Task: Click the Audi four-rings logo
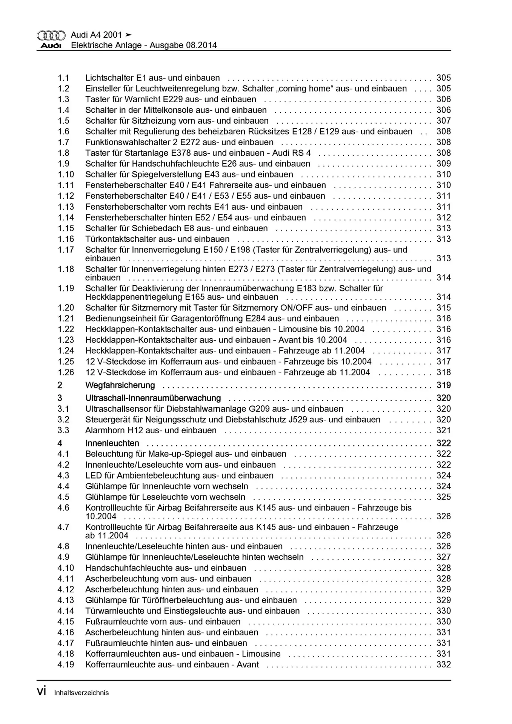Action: click(51, 35)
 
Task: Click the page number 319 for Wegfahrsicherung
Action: click(443, 385)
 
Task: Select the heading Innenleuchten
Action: click(112, 443)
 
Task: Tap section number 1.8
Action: click(63, 153)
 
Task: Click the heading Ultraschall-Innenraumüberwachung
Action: click(153, 398)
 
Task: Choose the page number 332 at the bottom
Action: click(443, 664)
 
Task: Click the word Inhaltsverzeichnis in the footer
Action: click(81, 693)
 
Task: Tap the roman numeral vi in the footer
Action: click(42, 692)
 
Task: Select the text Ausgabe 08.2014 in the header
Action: click(183, 45)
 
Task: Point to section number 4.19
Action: click(66, 664)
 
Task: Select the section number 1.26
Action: click(66, 372)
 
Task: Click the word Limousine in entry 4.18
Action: click(261, 653)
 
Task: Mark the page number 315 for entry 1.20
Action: click(443, 308)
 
